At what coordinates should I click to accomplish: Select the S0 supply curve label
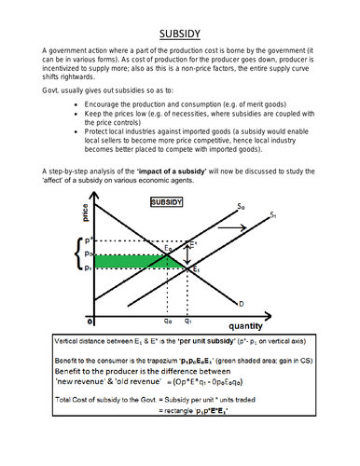[x=242, y=205]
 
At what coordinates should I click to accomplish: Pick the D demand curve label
[x=241, y=303]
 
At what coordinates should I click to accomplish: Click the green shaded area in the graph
[x=131, y=262]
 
